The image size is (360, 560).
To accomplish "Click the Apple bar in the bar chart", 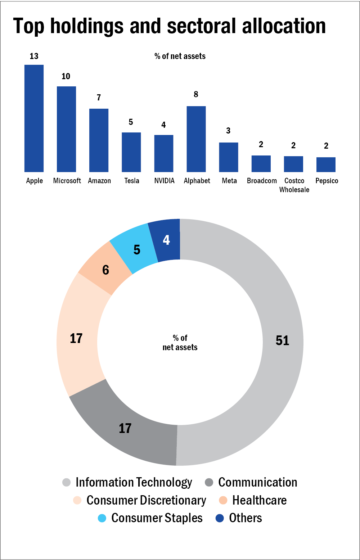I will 34,118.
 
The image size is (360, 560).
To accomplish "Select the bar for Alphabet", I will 196,139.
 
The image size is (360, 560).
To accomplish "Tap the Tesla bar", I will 131,152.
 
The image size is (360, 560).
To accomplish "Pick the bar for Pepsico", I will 326,164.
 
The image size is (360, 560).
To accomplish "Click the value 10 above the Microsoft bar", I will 66,76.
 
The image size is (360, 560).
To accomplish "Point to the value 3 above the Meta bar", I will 228,131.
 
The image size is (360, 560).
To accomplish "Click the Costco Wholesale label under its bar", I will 294,185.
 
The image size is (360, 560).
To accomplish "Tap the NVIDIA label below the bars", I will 164,181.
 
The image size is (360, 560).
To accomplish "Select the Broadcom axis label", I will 262,181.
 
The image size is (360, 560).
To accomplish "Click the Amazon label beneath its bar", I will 99,181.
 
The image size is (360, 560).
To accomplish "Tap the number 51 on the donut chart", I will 282,340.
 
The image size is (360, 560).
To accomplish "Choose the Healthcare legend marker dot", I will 223,500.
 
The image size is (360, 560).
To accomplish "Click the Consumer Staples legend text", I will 157,518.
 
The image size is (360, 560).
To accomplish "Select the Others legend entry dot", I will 220,518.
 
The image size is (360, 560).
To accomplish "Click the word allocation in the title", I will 284,26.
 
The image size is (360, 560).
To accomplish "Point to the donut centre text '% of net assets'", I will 180,343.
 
